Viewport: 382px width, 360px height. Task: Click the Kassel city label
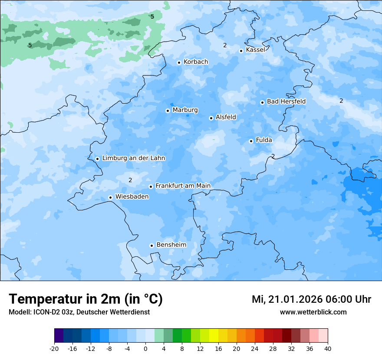[255, 50]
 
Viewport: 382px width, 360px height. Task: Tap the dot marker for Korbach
[179, 62]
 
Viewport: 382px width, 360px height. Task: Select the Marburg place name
[185, 110]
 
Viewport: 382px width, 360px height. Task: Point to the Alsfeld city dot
[211, 118]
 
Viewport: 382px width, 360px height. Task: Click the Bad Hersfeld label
[286, 101]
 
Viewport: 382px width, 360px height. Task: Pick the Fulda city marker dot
[251, 141]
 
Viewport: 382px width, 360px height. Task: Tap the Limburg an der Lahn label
[133, 158]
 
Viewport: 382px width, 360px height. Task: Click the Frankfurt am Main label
[183, 186]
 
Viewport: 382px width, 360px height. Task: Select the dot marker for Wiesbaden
[111, 197]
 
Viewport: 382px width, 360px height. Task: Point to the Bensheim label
[171, 245]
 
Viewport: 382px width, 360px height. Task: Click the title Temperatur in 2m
[86, 299]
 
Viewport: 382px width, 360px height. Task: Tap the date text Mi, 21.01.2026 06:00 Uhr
[311, 299]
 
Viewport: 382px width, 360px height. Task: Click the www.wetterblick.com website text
[313, 312]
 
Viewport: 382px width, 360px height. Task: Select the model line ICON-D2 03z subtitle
[79, 312]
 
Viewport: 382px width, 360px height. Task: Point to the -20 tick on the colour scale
[54, 348]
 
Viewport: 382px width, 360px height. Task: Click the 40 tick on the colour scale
[327, 348]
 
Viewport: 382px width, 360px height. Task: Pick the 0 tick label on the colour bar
[145, 348]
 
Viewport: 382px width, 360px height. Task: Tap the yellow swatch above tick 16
[214, 336]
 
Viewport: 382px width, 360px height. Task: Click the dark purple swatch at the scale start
[59, 336]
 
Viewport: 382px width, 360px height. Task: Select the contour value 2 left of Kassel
[225, 45]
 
